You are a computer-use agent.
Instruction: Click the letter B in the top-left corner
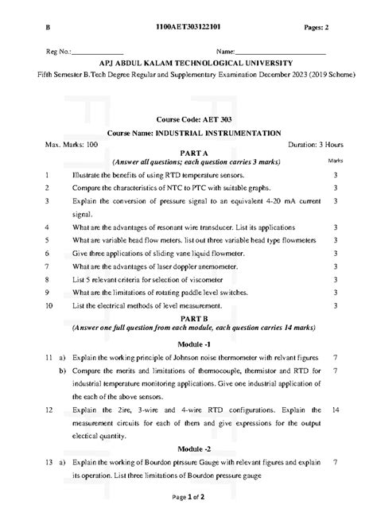coord(47,27)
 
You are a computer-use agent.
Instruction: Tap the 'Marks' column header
coord(336,161)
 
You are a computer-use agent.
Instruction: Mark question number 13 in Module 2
coord(49,461)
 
